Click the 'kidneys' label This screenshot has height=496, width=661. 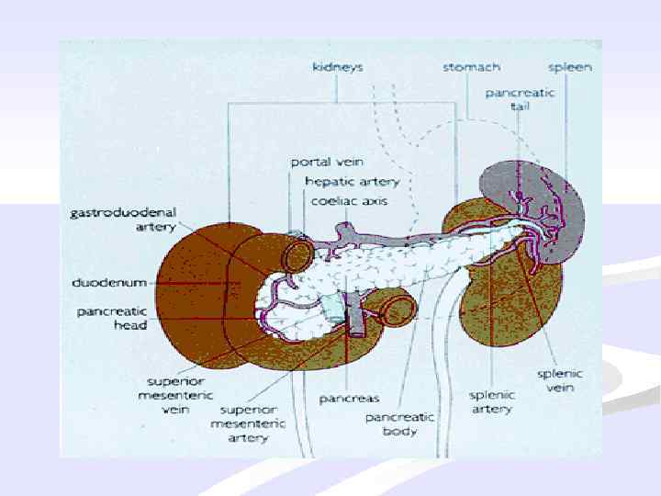tap(337, 67)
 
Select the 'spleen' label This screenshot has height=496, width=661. tap(569, 67)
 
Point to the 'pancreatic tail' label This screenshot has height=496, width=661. tap(508, 99)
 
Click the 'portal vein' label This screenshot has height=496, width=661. tap(323, 163)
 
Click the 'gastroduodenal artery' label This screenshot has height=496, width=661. tap(110, 219)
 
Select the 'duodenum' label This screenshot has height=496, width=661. tap(105, 282)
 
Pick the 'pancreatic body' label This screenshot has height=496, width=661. tap(399, 423)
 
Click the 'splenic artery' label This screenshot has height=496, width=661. tap(492, 401)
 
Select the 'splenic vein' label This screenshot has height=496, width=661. tap(560, 381)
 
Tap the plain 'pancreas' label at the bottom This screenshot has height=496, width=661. tap(350, 399)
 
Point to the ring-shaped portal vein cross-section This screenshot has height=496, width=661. tap(297, 257)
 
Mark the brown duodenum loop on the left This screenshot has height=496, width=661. tap(197, 285)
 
